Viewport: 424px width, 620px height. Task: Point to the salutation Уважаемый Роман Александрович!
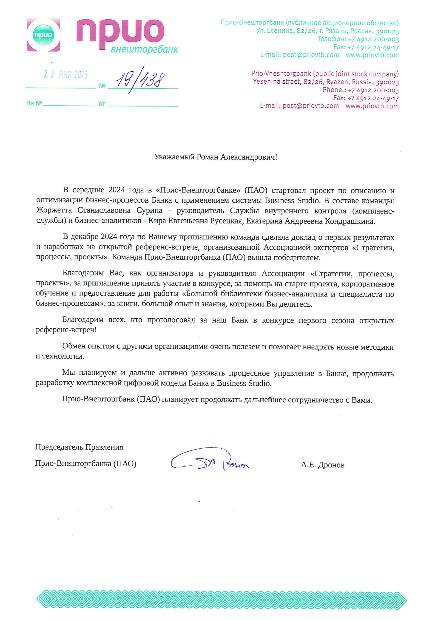click(216, 157)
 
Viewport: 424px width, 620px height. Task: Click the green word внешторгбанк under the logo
click(144, 49)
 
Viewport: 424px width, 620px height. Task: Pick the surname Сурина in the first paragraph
click(149, 211)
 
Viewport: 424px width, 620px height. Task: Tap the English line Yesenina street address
click(326, 82)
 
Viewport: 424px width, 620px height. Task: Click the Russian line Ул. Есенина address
click(327, 31)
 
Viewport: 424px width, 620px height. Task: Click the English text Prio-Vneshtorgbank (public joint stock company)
click(325, 74)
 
